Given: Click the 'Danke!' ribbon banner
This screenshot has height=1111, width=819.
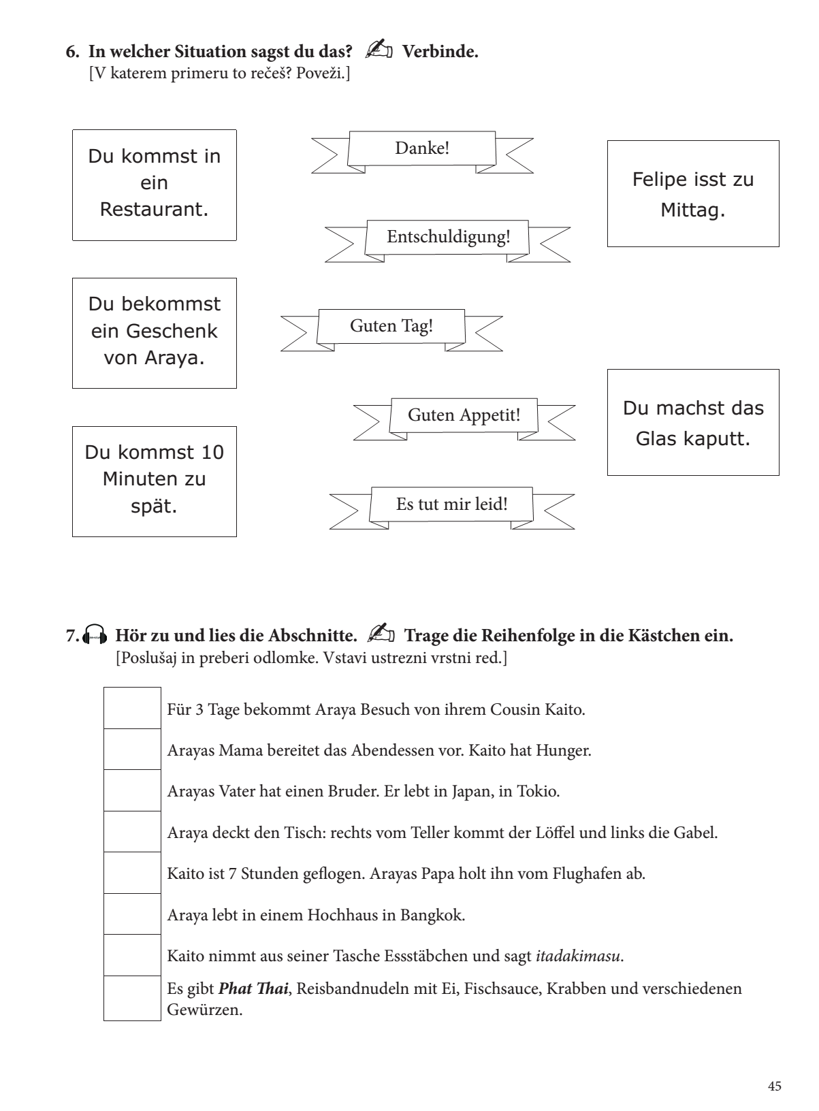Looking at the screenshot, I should (422, 148).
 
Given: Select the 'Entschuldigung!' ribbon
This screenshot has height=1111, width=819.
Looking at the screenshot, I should (448, 238).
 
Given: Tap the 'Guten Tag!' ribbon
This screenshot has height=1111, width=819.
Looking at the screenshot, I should (391, 326).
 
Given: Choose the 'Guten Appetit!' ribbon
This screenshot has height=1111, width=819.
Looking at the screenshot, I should (464, 415).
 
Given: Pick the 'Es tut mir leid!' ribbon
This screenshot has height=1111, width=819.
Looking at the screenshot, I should (451, 504).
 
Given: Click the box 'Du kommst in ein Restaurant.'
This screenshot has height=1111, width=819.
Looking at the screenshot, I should (155, 184).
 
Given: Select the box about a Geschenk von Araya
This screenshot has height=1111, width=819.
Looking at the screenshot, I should (155, 332).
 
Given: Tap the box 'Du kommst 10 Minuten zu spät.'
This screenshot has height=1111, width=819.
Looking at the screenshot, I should (155, 481).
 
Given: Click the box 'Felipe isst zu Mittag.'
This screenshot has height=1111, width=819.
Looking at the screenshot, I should (692, 193).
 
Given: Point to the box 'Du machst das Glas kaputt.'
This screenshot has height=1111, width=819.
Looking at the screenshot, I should (692, 422).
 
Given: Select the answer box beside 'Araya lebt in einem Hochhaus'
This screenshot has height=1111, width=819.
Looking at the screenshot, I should (132, 914).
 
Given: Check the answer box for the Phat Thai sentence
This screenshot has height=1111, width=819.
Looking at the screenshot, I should (132, 998).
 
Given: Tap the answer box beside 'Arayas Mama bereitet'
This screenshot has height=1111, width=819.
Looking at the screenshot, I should (132, 750).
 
